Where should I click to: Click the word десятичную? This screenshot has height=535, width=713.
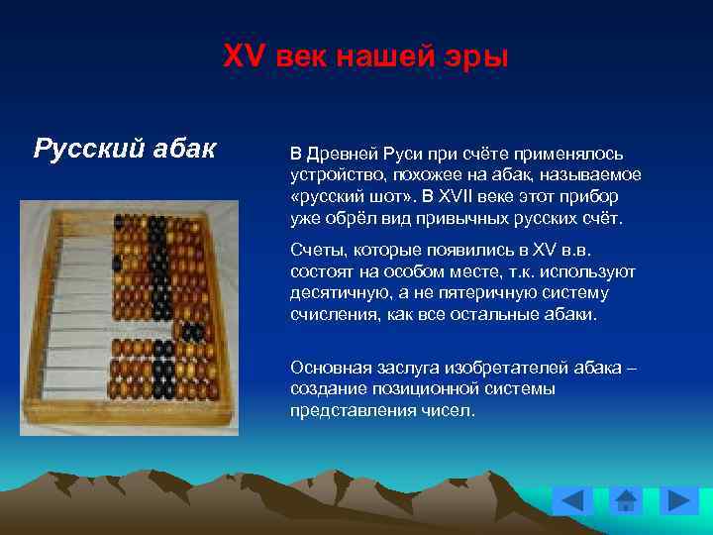336,293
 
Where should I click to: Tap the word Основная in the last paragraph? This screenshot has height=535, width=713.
328,369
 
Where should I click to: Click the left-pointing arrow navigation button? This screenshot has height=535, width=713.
571,500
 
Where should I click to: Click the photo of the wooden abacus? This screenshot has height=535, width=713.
129,317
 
